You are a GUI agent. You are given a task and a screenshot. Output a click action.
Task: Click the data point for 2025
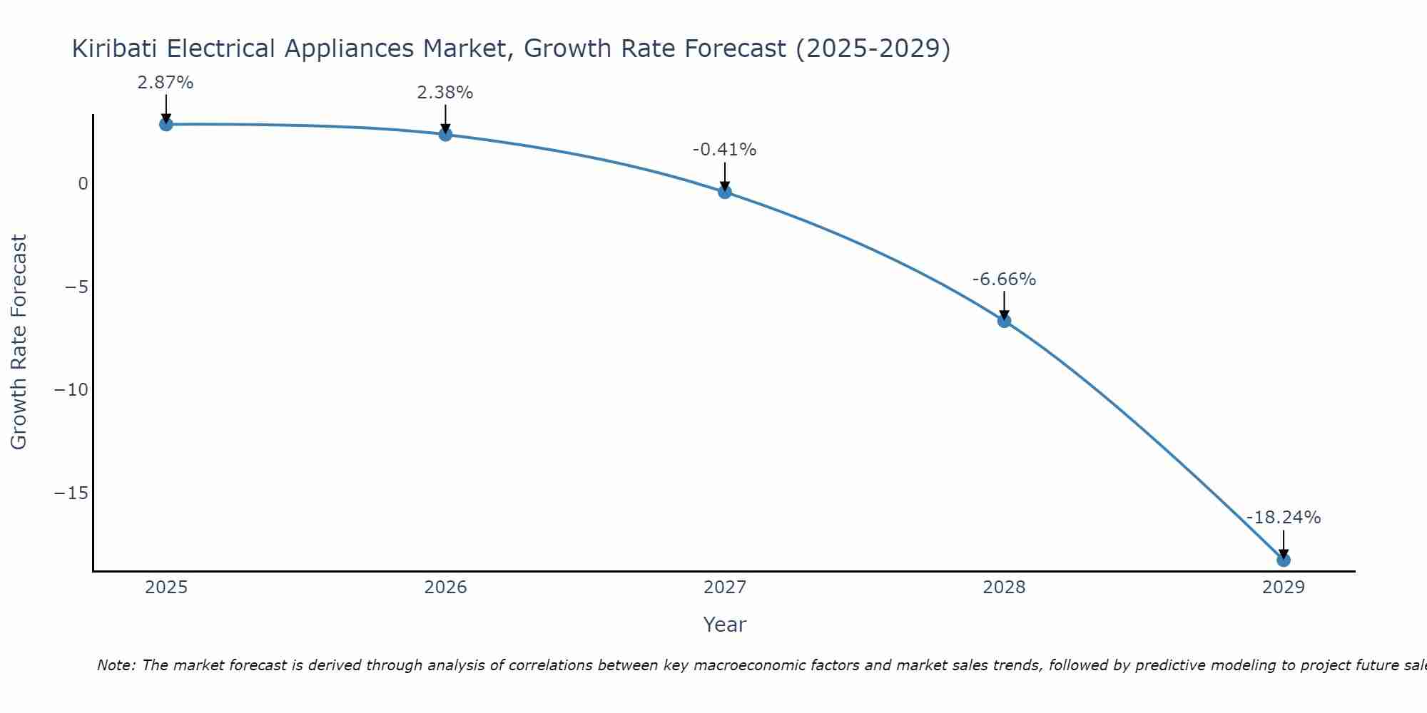point(166,125)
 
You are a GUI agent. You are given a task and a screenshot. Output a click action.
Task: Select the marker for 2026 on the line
point(445,135)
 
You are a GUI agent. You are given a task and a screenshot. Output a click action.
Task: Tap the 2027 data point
point(724,192)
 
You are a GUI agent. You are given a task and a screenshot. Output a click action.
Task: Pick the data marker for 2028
point(1004,321)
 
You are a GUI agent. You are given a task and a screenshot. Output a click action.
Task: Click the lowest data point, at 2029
point(1283,560)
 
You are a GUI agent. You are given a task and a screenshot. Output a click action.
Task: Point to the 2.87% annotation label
point(166,83)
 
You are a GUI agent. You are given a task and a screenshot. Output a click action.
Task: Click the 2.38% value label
point(445,93)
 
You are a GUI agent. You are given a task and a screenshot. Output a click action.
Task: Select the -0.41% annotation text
point(724,150)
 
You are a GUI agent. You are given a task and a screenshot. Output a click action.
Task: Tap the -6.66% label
point(1004,279)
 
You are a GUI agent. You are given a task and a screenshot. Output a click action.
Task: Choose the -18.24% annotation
point(1283,518)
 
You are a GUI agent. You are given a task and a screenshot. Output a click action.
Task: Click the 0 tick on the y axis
point(83,184)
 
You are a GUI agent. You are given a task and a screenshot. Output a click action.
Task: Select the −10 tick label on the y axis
point(71,390)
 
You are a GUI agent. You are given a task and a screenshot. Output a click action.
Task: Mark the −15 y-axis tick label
point(71,493)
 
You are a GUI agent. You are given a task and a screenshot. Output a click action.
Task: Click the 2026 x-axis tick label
point(445,588)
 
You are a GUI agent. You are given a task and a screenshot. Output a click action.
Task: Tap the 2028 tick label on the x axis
point(1004,588)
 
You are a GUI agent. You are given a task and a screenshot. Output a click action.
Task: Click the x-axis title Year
point(724,625)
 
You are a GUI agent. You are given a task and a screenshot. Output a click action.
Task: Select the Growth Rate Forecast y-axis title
point(19,342)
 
